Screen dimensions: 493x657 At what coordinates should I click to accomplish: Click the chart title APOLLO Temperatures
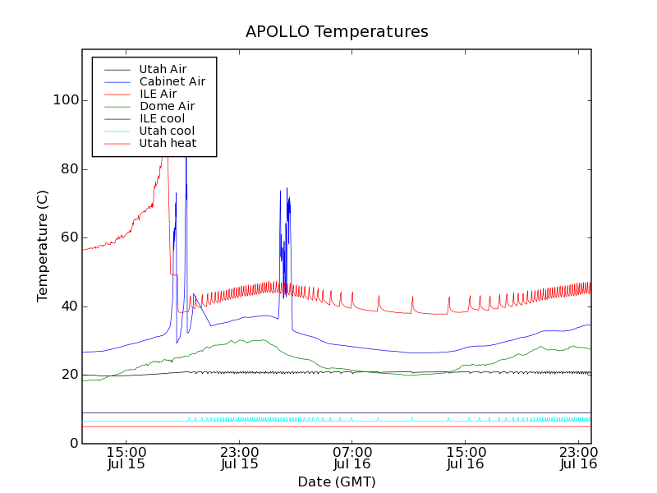pyautogui.click(x=337, y=32)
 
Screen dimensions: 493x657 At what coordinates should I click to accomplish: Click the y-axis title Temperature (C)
pyautogui.click(x=43, y=246)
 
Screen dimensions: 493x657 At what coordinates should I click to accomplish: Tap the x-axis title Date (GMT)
pyautogui.click(x=337, y=481)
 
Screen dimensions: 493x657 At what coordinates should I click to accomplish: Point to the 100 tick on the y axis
pyautogui.click(x=66, y=100)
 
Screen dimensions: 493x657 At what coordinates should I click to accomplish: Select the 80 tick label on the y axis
pyautogui.click(x=69, y=169)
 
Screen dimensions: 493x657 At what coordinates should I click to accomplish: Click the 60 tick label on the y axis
pyautogui.click(x=69, y=237)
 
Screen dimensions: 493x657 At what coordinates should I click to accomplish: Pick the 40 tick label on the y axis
pyautogui.click(x=69, y=306)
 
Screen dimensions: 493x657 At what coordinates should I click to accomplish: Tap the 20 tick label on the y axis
pyautogui.click(x=69, y=375)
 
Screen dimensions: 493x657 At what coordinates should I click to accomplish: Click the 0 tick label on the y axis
pyautogui.click(x=73, y=444)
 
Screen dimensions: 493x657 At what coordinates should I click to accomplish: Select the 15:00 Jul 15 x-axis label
pyautogui.click(x=126, y=458)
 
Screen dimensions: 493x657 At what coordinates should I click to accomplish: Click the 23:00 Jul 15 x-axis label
pyautogui.click(x=240, y=458)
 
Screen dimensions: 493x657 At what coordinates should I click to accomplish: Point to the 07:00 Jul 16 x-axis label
pyautogui.click(x=352, y=458)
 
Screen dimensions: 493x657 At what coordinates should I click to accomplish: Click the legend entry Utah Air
pyautogui.click(x=163, y=70)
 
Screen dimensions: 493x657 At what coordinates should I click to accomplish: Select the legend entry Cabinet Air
pyautogui.click(x=172, y=82)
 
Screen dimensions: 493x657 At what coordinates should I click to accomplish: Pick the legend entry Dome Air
pyautogui.click(x=167, y=106)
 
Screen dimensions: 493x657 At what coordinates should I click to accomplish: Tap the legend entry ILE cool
pyautogui.click(x=162, y=118)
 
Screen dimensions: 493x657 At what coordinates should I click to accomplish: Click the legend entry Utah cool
pyautogui.click(x=167, y=131)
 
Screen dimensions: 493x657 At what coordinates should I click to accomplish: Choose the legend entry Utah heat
pyautogui.click(x=167, y=143)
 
